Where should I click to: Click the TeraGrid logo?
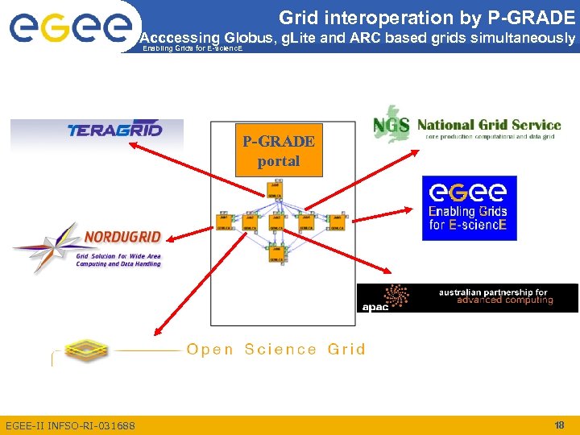114,130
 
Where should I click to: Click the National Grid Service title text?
489,125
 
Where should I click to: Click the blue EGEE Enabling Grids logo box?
469,208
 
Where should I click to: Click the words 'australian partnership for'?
493,292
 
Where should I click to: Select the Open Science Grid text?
275,349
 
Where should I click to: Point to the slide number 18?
559,425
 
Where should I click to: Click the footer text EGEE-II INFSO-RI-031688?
70,425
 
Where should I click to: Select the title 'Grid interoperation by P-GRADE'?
427,17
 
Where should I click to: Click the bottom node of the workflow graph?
274,255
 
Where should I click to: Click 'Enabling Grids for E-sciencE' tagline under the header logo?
192,49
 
